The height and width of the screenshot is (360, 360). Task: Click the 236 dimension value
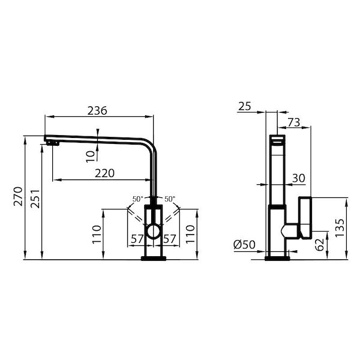click(x=97, y=110)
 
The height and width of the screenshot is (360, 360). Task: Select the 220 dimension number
click(x=105, y=173)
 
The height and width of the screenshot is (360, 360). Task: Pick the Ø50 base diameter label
click(x=244, y=245)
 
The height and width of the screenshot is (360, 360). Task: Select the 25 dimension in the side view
click(x=244, y=106)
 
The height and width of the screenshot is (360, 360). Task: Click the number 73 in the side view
click(x=294, y=122)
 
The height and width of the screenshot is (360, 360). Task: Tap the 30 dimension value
click(x=299, y=178)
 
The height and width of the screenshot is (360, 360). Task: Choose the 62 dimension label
click(x=320, y=244)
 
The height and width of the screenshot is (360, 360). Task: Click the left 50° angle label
click(x=137, y=199)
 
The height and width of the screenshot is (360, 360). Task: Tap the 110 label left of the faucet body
click(x=97, y=233)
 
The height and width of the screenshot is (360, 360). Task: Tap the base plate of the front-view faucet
click(x=154, y=259)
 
